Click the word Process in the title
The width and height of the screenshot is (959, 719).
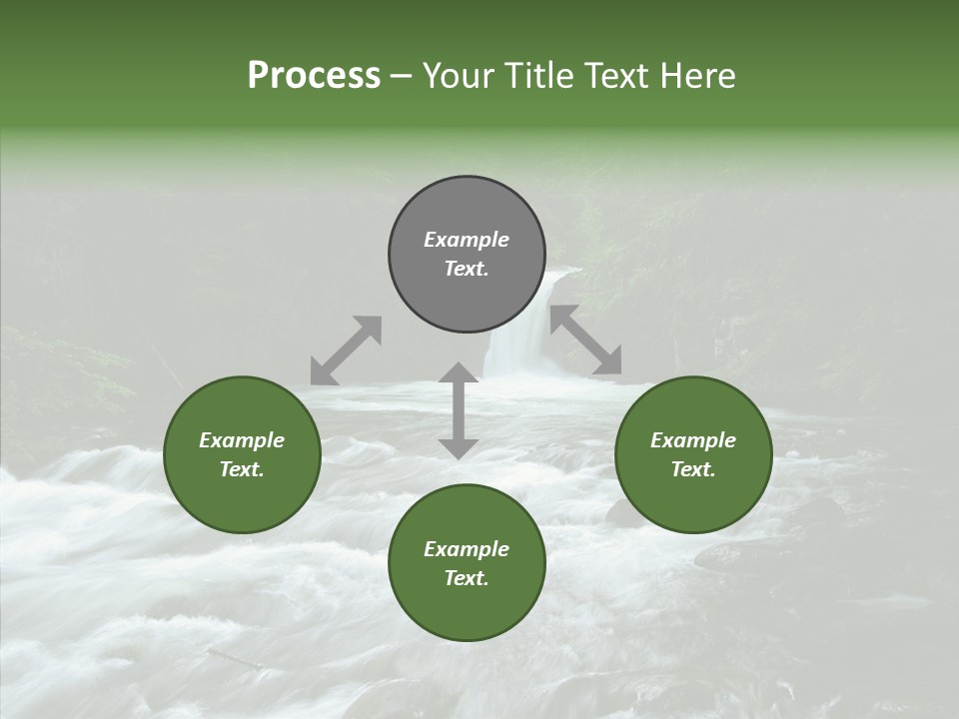tap(314, 76)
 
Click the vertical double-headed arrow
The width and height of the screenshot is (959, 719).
tap(459, 410)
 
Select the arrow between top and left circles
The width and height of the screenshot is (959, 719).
tap(346, 351)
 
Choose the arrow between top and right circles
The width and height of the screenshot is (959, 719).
tap(586, 341)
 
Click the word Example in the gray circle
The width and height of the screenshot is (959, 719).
tap(467, 240)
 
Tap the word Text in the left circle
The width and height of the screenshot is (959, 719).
tap(242, 469)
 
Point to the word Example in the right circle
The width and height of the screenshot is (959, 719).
tap(693, 440)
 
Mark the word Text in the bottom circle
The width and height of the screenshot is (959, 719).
tap(467, 578)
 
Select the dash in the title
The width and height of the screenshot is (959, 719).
tap(402, 76)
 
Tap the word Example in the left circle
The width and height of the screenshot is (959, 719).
tap(242, 440)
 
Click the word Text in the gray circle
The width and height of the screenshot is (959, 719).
tap(467, 269)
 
